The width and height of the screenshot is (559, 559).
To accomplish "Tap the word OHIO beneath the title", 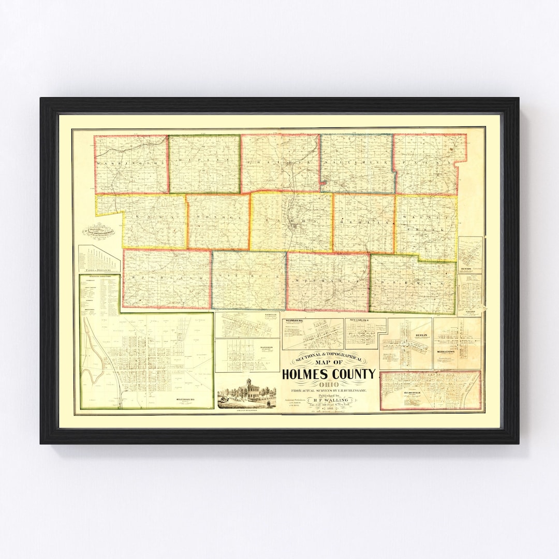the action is (329, 384).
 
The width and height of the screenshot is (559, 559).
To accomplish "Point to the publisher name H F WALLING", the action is (329, 400).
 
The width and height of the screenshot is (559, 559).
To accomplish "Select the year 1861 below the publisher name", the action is (329, 407).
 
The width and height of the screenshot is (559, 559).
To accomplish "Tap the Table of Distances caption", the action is (98, 270).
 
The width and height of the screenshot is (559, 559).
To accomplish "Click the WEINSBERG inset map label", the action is (293, 321).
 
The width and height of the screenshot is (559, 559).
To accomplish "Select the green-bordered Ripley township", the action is (204, 164).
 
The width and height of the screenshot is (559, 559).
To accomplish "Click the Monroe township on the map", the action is (218, 222).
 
